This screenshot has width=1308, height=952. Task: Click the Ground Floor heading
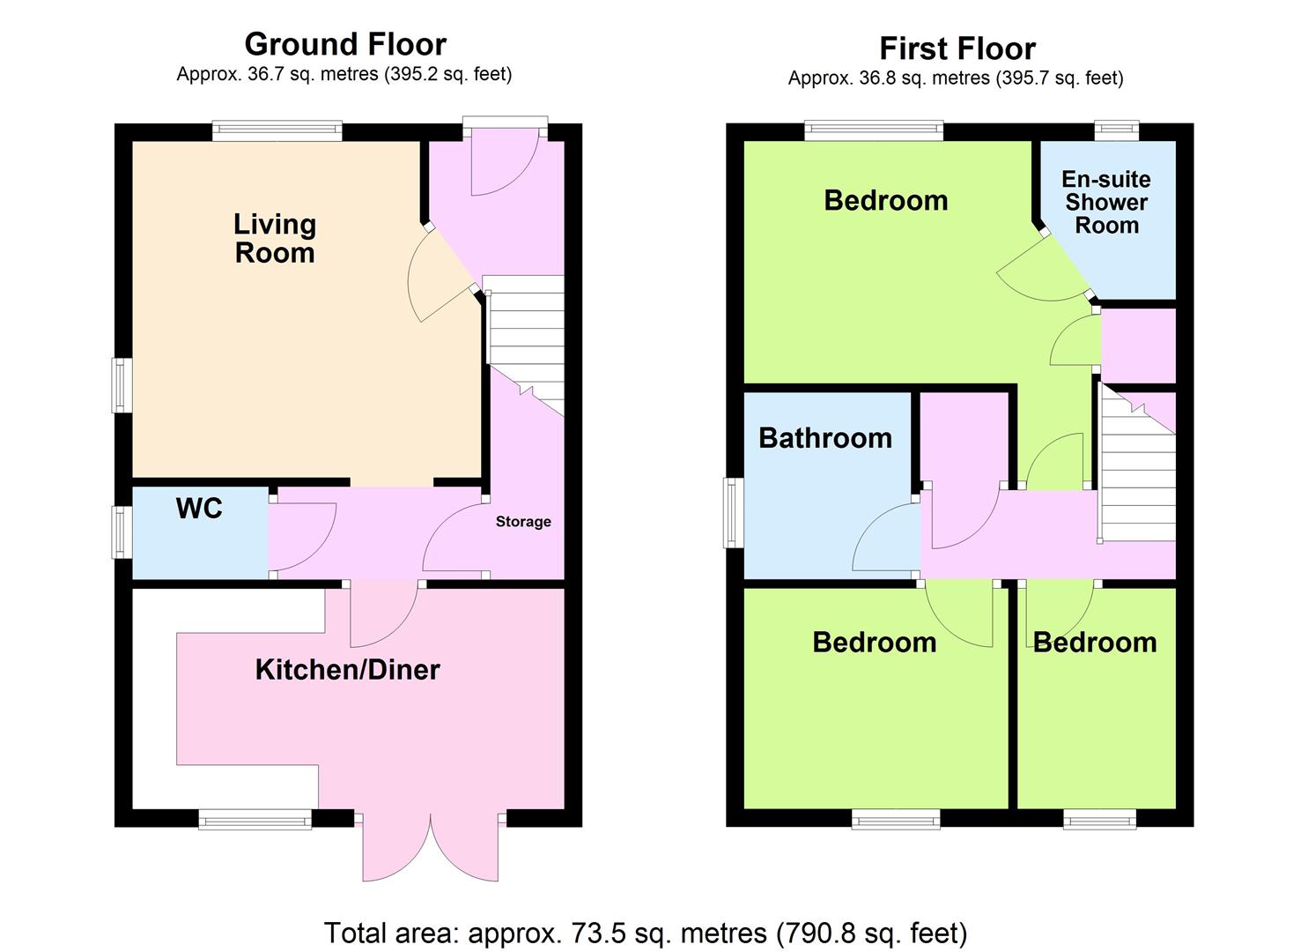(x=345, y=44)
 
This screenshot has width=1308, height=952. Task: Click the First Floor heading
(x=957, y=48)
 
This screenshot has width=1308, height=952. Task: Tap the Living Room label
(x=275, y=238)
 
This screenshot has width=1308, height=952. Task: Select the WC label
(x=199, y=509)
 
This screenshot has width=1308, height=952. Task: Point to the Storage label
(x=523, y=521)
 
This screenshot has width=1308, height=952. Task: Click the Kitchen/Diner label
(x=347, y=670)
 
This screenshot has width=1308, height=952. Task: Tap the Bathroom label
(x=825, y=438)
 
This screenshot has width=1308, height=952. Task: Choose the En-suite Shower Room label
(x=1106, y=202)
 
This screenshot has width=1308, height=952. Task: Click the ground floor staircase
(x=526, y=345)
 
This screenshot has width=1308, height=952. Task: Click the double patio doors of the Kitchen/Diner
(x=431, y=847)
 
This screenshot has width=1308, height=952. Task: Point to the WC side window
(x=122, y=532)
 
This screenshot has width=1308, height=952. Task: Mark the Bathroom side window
(x=734, y=513)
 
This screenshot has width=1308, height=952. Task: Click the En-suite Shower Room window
(x=1117, y=130)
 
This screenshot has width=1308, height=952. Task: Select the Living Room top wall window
(x=277, y=130)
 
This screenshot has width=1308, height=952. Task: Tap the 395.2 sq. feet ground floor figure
(x=446, y=75)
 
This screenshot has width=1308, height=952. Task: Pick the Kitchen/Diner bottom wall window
(x=255, y=820)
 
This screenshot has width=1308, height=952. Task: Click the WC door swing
(x=302, y=537)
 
